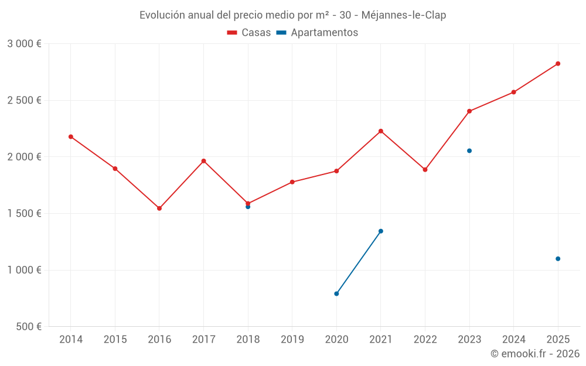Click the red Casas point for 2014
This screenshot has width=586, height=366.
point(71,136)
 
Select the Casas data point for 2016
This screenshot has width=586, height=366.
point(159,208)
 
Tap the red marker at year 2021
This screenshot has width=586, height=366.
point(381,131)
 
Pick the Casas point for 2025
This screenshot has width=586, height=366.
point(558,64)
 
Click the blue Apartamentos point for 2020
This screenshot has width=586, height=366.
point(336,293)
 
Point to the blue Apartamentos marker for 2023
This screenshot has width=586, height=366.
point(469,150)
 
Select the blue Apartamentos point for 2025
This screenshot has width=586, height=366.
point(558,259)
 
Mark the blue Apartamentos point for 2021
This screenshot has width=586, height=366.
point(381,231)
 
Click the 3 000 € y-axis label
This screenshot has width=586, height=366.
point(24,44)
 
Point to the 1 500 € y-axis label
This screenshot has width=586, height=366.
point(24,214)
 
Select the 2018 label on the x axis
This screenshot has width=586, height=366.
point(248,339)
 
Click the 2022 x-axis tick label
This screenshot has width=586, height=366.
point(425,339)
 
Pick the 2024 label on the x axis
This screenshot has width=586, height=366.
point(513,339)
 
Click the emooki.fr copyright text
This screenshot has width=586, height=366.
point(534,354)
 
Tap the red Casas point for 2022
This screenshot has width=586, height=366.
point(425,170)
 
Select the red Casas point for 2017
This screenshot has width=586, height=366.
point(203,161)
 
